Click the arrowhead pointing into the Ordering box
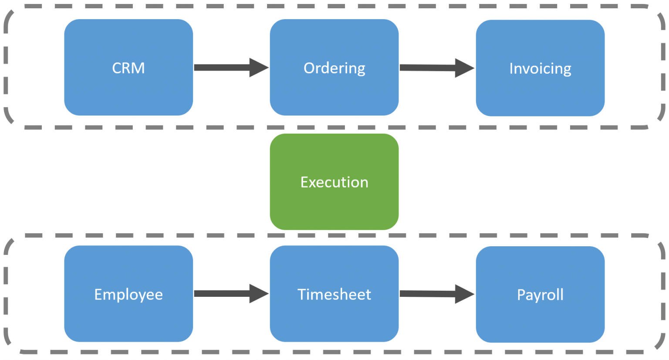coord(258,68)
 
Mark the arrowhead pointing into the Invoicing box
coord(463,68)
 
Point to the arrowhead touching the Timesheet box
coord(258,294)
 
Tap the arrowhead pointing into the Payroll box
coord(463,294)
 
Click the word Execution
coord(334,182)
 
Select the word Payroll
coord(540,295)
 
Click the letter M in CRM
coord(138,68)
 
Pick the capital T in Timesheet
coord(302,294)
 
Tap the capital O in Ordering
coord(309,68)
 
